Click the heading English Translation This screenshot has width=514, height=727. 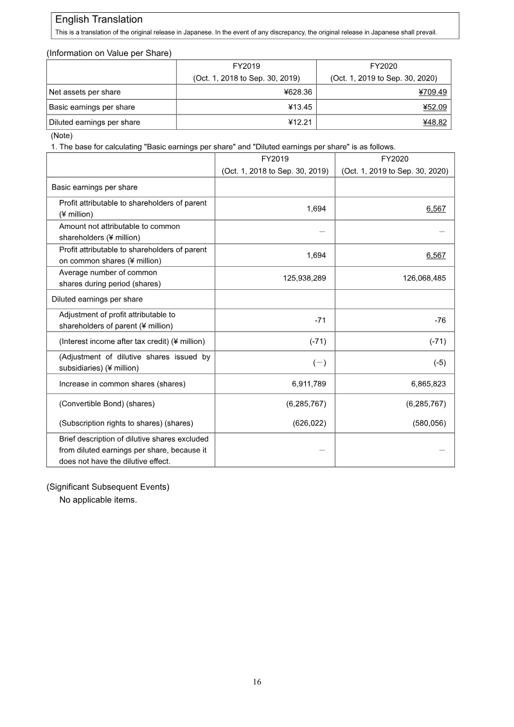pos(99,20)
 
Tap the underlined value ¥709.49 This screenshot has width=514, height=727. pos(433,92)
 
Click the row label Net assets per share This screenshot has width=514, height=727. pos(85,92)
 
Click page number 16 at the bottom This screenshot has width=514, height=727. pos(257,682)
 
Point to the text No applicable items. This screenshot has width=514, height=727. pos(98,499)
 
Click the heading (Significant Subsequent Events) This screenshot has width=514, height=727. pos(108,487)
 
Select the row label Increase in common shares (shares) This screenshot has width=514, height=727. pos(122,384)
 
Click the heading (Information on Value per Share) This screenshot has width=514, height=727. pos(109,53)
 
